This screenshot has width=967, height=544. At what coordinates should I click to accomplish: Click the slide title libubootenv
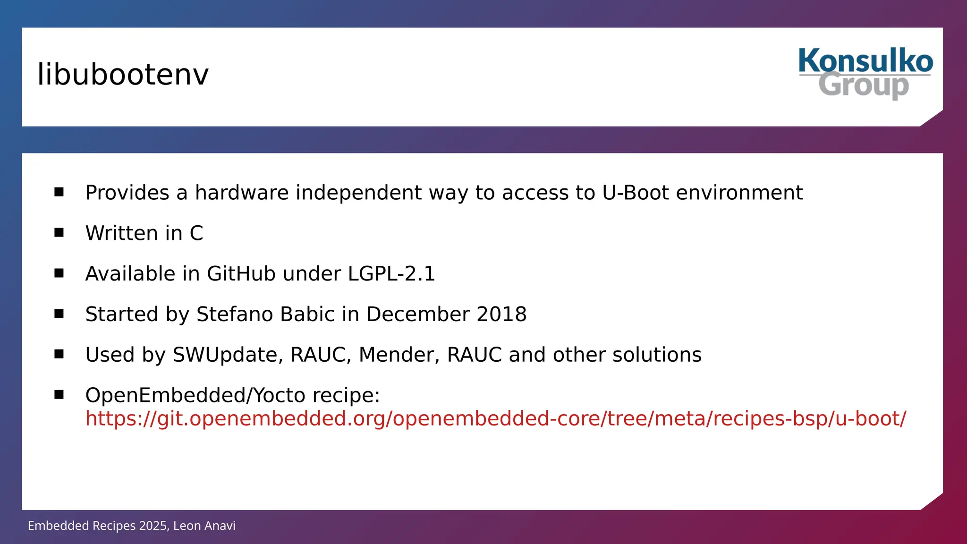point(123,75)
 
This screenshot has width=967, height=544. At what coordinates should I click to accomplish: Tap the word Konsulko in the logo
point(865,61)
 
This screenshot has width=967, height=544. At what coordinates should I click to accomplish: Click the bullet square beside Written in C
point(59,232)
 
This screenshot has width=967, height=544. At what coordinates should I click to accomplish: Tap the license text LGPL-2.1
point(391,274)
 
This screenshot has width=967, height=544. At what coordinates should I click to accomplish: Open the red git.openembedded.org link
point(495,419)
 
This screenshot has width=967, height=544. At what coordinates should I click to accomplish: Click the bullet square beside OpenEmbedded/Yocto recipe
point(59,394)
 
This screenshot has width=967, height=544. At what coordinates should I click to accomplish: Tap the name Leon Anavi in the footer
point(204,526)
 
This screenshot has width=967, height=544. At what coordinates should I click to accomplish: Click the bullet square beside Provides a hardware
point(59,192)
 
